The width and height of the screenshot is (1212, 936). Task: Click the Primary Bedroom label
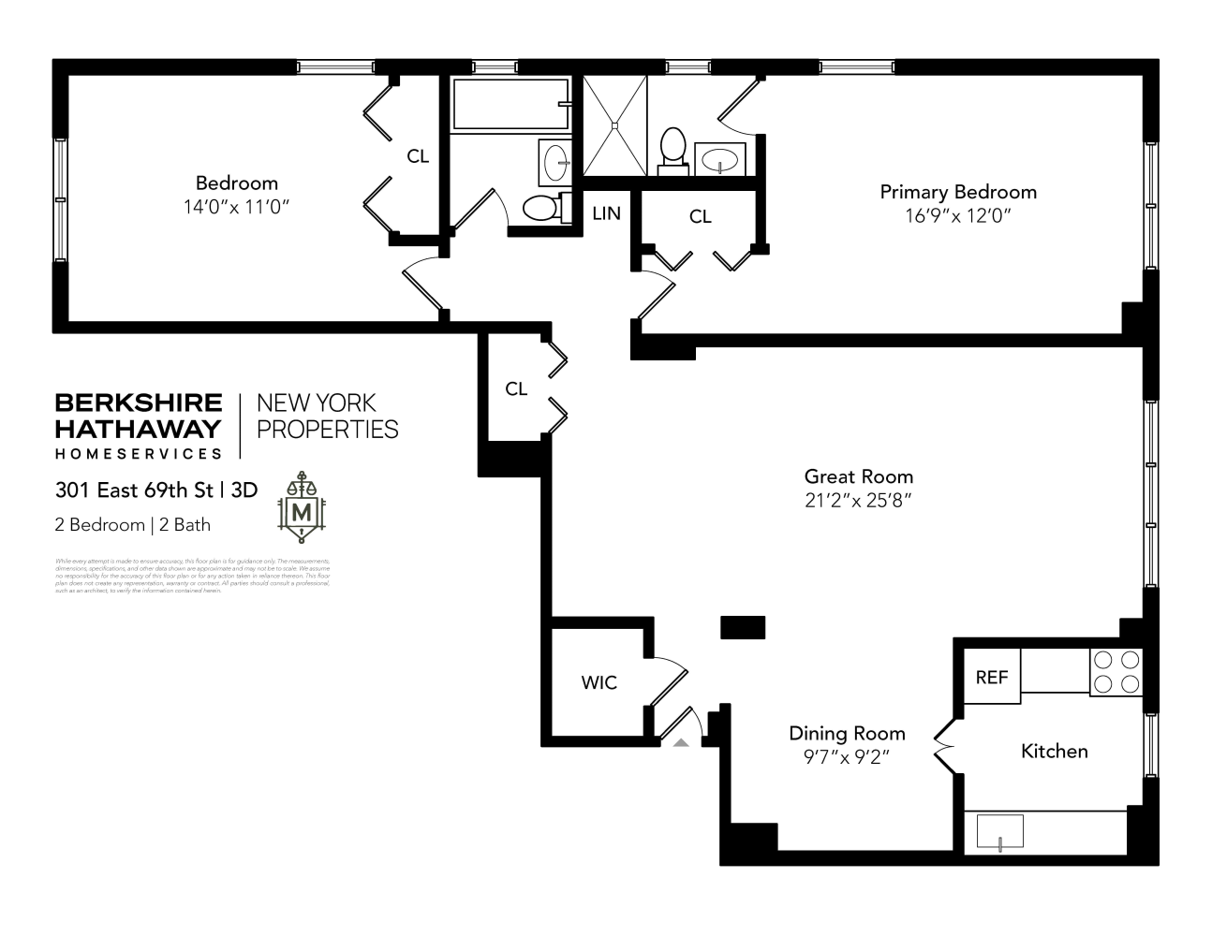957,192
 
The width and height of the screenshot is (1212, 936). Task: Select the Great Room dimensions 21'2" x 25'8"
858,500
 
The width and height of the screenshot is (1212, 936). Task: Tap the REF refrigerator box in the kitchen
991,676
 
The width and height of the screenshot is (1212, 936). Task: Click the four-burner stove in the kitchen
1116,671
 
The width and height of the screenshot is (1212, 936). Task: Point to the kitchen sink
1000,831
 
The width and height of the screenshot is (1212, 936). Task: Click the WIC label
599,682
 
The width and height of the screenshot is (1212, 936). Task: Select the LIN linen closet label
606,213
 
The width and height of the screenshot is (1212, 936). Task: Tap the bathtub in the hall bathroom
510,104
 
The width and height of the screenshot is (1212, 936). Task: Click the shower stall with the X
614,125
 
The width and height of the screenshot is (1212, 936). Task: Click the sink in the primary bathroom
719,159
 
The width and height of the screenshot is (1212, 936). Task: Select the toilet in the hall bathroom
542,207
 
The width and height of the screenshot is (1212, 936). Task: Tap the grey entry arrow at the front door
681,741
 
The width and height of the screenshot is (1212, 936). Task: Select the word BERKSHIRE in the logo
139,402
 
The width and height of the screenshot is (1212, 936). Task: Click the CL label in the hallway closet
516,388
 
